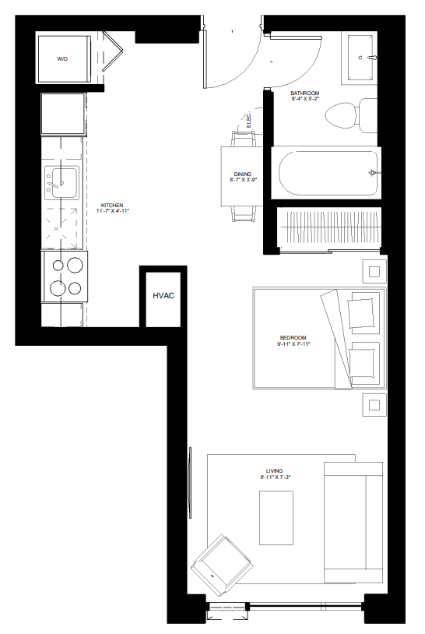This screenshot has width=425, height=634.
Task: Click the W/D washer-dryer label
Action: pyautogui.click(x=62, y=59)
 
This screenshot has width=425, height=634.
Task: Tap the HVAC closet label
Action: pyautogui.click(x=163, y=295)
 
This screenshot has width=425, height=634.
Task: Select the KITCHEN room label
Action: pyautogui.click(x=112, y=206)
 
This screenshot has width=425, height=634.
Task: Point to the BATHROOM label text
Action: pyautogui.click(x=304, y=93)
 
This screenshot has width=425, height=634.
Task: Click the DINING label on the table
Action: pyautogui.click(x=242, y=174)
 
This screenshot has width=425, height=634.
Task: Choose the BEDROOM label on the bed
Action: pyautogui.click(x=293, y=337)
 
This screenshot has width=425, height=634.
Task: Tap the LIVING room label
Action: pyautogui.click(x=274, y=471)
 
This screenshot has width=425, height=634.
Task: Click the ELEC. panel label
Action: pyautogui.click(x=249, y=121)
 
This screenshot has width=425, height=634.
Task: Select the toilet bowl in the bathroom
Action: pyautogui.click(x=342, y=115)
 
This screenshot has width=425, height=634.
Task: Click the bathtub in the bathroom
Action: pyautogui.click(x=325, y=173)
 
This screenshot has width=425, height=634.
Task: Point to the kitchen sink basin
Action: pyautogui.click(x=64, y=182)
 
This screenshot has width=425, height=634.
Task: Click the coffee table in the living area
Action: pyautogui.click(x=276, y=517)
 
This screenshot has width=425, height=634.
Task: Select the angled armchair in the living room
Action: pyautogui.click(x=222, y=565)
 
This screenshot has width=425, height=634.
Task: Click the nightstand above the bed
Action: pyautogui.click(x=374, y=271)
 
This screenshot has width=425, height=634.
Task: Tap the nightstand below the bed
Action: pyautogui.click(x=374, y=404)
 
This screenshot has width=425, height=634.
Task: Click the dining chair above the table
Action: pyautogui.click(x=244, y=139)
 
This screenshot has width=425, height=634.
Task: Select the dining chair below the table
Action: pyautogui.click(x=244, y=213)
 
